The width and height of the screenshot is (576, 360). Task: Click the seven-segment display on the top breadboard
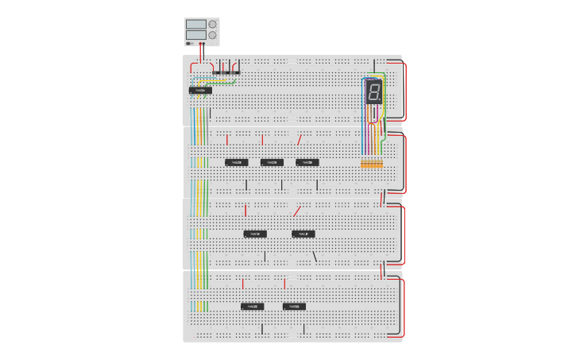(373, 92)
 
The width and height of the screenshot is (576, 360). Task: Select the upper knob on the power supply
(212, 25)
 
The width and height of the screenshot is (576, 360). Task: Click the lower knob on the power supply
(212, 35)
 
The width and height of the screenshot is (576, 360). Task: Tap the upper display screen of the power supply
(195, 25)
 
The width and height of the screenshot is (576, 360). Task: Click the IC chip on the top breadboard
(200, 91)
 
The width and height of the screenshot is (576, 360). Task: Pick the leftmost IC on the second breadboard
(236, 162)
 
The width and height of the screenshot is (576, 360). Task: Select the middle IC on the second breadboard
(272, 162)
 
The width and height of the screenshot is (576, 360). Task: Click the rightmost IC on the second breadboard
(307, 162)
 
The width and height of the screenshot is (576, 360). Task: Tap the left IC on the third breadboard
(255, 234)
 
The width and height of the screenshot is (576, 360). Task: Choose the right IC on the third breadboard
(303, 234)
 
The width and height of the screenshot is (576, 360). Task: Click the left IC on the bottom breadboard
(253, 306)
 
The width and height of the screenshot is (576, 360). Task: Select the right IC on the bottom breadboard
(294, 306)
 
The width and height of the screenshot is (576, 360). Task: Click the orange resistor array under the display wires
(372, 165)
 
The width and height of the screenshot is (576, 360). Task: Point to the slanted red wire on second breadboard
(300, 139)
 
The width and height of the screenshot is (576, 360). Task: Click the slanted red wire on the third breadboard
(297, 211)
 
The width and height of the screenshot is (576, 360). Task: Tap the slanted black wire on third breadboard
(315, 256)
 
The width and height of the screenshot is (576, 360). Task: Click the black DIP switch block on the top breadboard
(226, 72)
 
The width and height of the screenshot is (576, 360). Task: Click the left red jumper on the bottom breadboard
(243, 283)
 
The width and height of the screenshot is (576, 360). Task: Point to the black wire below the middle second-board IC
(281, 185)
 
